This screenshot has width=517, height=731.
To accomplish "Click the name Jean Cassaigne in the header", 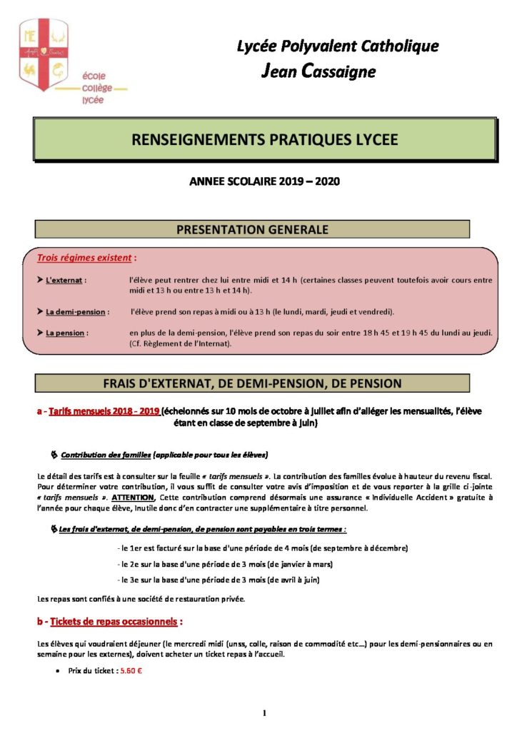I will coord(318,71).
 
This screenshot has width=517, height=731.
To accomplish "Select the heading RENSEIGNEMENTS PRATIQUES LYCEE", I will coord(264,140).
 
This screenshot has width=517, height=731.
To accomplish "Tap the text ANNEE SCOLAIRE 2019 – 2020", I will coord(264,181).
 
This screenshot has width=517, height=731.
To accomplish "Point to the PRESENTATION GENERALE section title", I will coord(253,230).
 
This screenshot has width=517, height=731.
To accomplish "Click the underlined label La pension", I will coord(66,333).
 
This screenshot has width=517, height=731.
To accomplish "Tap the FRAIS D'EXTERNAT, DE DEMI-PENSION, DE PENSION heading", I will coord(253,383).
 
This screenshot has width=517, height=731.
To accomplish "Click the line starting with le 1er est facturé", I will coord(262,548).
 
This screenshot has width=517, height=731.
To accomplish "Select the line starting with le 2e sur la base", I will coord(226,564).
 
